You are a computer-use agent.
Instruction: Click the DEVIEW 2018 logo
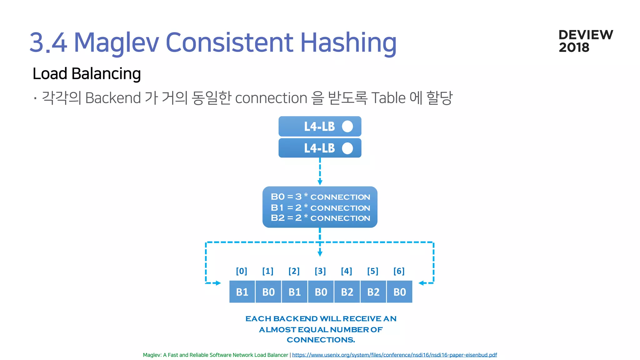point(585,41)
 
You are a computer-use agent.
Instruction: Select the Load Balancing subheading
point(87,74)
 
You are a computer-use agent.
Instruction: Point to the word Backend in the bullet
point(113,98)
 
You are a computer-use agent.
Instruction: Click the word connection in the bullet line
point(271,98)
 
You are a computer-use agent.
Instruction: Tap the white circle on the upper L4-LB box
point(347,127)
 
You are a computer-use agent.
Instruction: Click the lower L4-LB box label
point(319,148)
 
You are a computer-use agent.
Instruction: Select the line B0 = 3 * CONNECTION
point(320,197)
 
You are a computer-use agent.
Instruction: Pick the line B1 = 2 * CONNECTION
point(320,207)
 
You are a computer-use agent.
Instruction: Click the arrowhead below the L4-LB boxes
point(320,182)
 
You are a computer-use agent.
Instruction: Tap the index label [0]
point(242,271)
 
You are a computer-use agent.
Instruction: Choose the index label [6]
point(399,271)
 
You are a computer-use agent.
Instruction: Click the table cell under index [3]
point(321,292)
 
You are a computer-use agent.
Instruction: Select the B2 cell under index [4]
point(347,292)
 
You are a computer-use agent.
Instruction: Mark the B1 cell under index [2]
point(295,292)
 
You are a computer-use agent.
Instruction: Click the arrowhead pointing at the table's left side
point(218,283)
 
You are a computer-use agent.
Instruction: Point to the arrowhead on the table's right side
point(421,283)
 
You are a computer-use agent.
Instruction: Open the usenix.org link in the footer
point(394,355)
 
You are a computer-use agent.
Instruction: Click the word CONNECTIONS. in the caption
point(321,340)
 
